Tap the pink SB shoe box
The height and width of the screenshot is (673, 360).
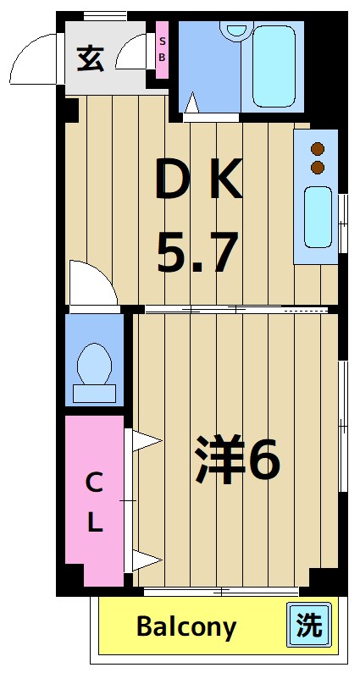pos(162,52)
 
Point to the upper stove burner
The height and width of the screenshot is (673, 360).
pos(318,148)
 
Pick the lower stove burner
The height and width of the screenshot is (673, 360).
pos(318,167)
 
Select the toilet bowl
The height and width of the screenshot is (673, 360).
pos(94,365)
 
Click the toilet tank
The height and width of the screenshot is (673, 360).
pos(94,393)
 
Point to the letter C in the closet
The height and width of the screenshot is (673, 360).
pos(94,483)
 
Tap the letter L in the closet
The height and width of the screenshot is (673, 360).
pos(94,523)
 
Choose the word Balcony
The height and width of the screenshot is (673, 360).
pos(186,627)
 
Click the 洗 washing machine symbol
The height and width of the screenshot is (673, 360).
pos(309,626)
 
